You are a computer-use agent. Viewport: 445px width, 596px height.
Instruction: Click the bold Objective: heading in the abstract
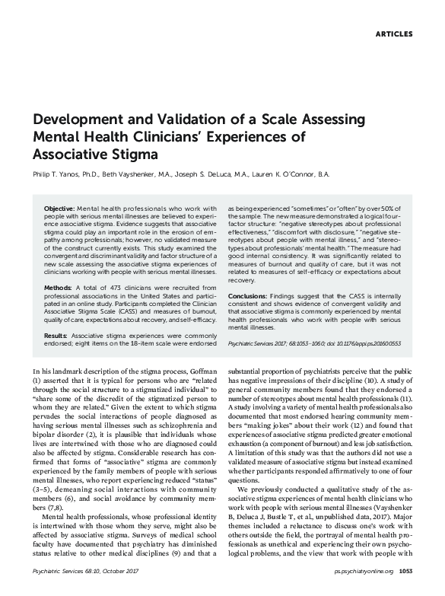[59, 208]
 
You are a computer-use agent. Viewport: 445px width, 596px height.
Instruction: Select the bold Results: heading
[56, 334]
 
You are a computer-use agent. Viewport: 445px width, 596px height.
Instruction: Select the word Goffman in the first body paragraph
[196, 368]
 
